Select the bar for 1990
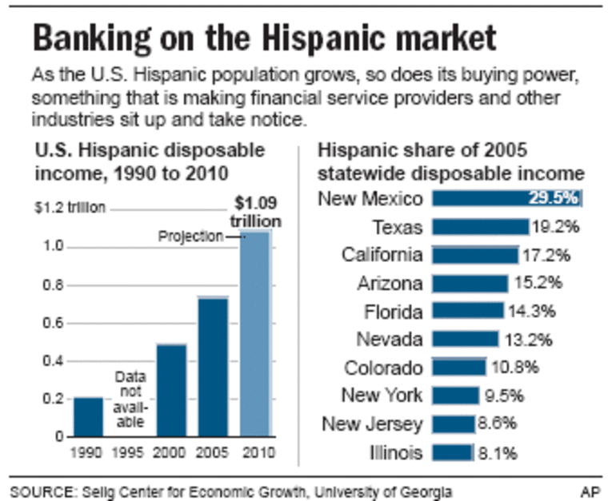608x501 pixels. pyautogui.click(x=88, y=416)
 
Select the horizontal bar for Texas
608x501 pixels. pyautogui.click(x=481, y=227)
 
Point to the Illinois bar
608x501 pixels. pyautogui.click(x=453, y=452)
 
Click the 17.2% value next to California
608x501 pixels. pyautogui.click(x=548, y=256)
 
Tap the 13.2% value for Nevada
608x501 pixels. pyautogui.click(x=528, y=340)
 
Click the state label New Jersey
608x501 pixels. pyautogui.click(x=372, y=423)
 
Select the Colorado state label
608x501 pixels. pyautogui.click(x=383, y=368)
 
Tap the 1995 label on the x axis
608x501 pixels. pyautogui.click(x=129, y=452)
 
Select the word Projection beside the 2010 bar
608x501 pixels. pyautogui.click(x=190, y=237)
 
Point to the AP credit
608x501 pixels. pyautogui.click(x=590, y=490)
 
